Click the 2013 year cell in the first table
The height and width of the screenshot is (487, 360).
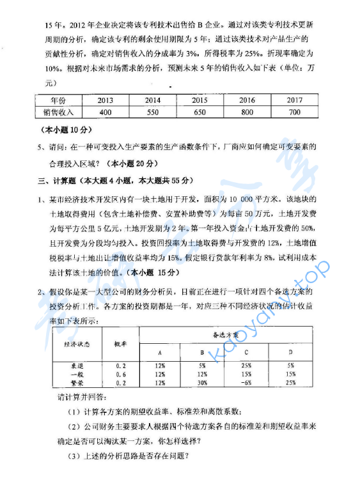[106, 100]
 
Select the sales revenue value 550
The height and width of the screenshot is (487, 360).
[153, 112]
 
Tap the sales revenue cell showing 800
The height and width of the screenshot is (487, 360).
[247, 112]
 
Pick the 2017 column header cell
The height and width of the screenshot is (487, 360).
[294, 100]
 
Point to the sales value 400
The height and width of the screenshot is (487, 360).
[106, 112]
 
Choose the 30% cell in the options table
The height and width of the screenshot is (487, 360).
[203, 382]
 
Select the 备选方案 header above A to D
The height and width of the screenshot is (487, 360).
[225, 334]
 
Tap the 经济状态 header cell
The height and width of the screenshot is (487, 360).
[77, 343]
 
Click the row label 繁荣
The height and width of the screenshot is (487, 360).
[77, 382]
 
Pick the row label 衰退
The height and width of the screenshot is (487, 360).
[77, 366]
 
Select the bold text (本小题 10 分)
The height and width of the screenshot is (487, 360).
[58, 130]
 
